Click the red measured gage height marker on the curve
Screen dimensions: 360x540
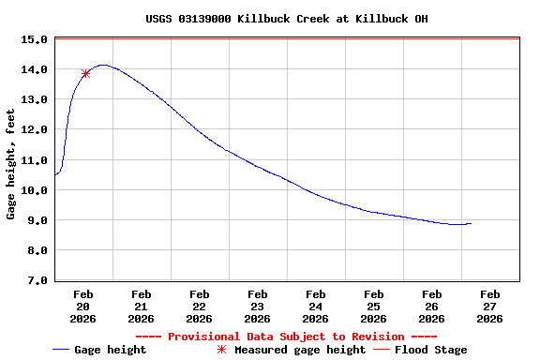coord(86,73)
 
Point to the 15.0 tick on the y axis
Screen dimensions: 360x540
coord(34,40)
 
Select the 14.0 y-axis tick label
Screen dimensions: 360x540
coord(34,70)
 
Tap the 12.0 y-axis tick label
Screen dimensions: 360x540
coord(34,130)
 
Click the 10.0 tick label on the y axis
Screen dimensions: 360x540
coord(34,190)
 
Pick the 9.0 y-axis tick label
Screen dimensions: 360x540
coord(37,220)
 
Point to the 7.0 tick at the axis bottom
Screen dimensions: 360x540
coord(37,280)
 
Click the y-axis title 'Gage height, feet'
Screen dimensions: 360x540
coord(11,164)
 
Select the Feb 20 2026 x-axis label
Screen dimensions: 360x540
coord(82,306)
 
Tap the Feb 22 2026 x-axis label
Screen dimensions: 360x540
coord(199,306)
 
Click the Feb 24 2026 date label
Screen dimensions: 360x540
coord(315,306)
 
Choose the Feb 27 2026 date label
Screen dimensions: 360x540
coord(489,306)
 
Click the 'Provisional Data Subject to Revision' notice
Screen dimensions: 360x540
coord(287,337)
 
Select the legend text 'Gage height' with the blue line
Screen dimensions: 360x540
coord(110,350)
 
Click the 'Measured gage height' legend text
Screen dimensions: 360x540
coord(299,350)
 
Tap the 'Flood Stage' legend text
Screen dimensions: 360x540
coord(430,350)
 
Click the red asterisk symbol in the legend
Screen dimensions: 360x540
coord(222,350)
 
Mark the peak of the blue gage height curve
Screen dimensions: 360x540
coord(103,65)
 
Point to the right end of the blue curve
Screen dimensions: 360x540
coord(471,223)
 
